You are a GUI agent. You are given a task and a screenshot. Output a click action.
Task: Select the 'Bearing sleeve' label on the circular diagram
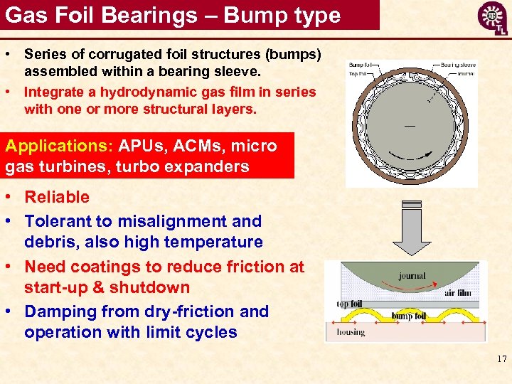(458, 65)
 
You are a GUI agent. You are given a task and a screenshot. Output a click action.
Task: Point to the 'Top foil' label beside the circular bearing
(358, 73)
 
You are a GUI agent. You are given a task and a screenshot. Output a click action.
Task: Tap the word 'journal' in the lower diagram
(412, 275)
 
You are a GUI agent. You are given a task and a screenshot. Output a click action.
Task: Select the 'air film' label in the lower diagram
(457, 292)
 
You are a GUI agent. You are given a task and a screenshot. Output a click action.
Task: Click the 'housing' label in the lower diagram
(351, 331)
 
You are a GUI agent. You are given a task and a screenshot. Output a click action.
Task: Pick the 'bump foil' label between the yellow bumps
(409, 315)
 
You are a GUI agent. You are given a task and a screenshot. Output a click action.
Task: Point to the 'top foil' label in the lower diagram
(349, 304)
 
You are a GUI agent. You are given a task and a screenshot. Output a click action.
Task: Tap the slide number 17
(501, 360)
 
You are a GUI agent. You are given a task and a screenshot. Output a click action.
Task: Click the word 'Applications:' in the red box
(55, 146)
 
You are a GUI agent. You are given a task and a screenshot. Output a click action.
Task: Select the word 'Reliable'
(57, 197)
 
